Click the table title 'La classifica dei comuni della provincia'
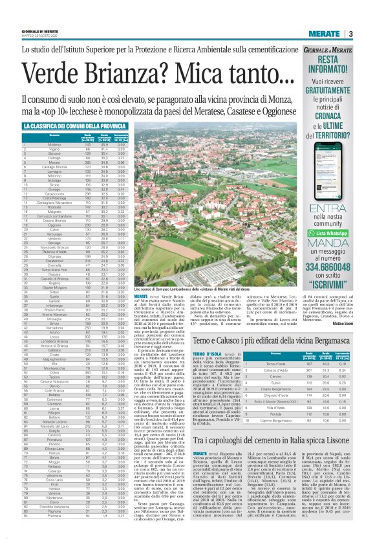(x=74, y=126)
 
